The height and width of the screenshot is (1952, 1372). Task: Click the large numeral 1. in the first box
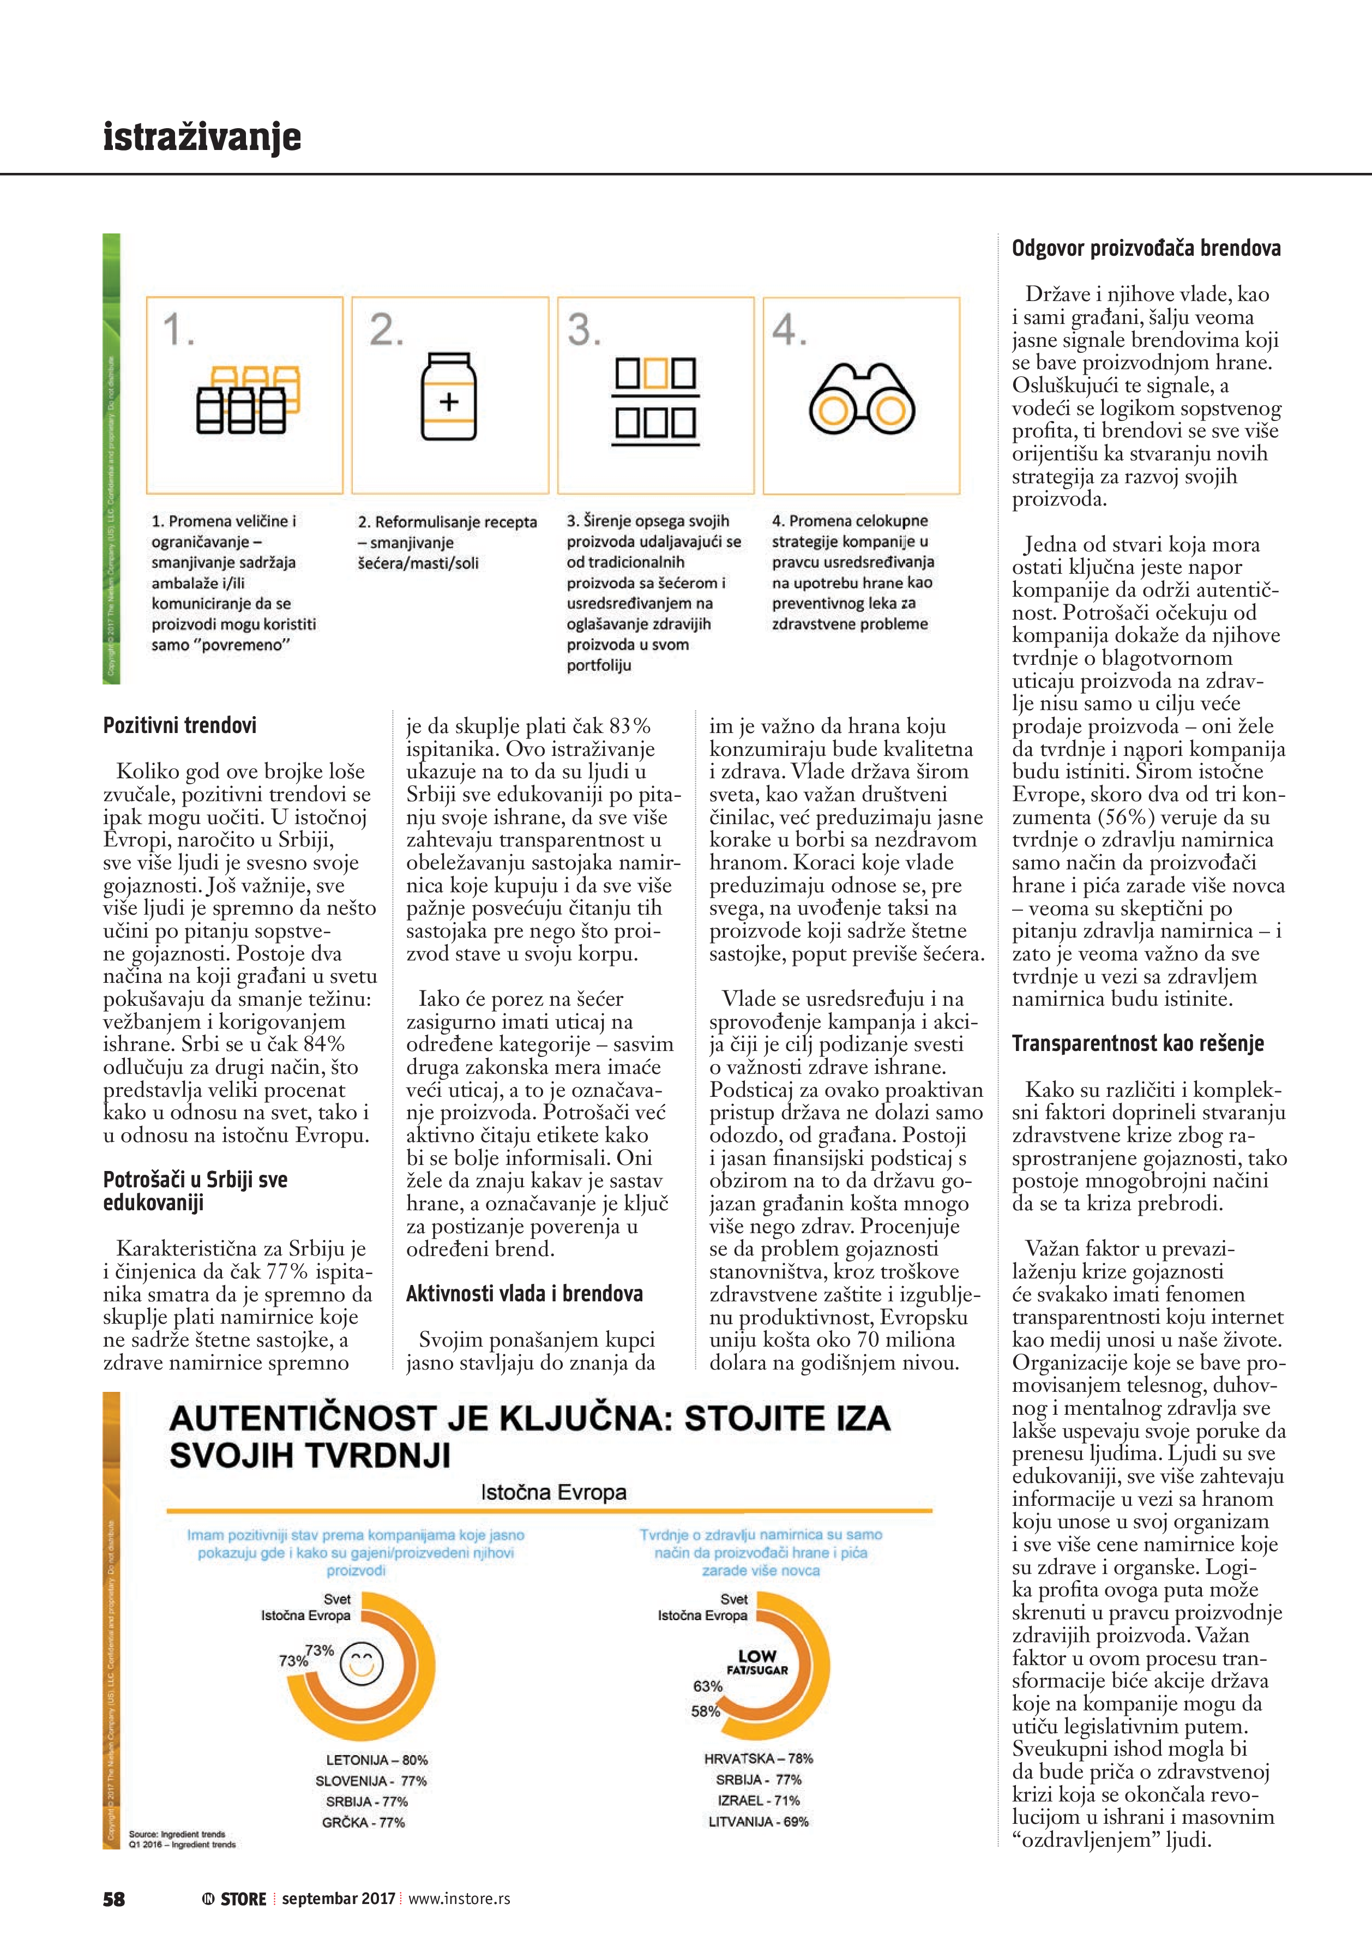click(x=178, y=330)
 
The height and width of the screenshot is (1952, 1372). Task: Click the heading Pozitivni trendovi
click(x=179, y=726)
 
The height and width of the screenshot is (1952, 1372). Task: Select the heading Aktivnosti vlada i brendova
click(x=525, y=1294)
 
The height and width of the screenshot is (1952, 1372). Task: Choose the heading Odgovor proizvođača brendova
click(x=1146, y=248)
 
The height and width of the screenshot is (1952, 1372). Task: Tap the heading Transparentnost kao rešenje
click(x=1138, y=1043)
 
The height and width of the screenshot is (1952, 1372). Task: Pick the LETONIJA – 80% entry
click(x=377, y=1760)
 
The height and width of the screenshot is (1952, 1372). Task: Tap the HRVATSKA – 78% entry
click(x=759, y=1758)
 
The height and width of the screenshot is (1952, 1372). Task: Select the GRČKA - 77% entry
click(x=363, y=1822)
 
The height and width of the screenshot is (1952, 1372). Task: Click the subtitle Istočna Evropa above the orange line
click(x=553, y=1492)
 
